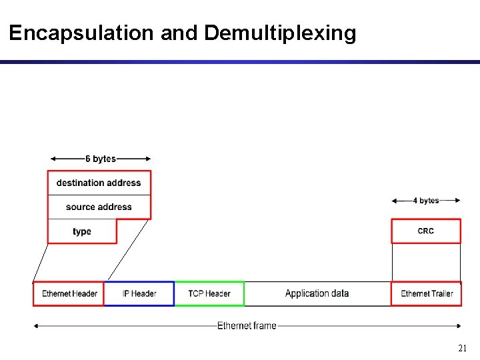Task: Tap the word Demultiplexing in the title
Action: (x=280, y=33)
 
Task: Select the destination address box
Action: (x=99, y=183)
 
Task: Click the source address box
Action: (x=99, y=207)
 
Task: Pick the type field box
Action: (x=82, y=231)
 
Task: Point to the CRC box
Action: (x=425, y=231)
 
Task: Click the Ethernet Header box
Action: (x=69, y=293)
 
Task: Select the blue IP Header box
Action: (x=139, y=293)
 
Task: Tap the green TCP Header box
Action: (x=209, y=293)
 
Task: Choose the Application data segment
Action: (x=317, y=293)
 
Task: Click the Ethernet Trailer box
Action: (x=426, y=293)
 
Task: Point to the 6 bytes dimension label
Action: (x=101, y=159)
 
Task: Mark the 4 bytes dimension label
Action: (x=426, y=200)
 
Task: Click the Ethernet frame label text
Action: (x=247, y=325)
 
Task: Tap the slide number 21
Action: (x=462, y=348)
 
